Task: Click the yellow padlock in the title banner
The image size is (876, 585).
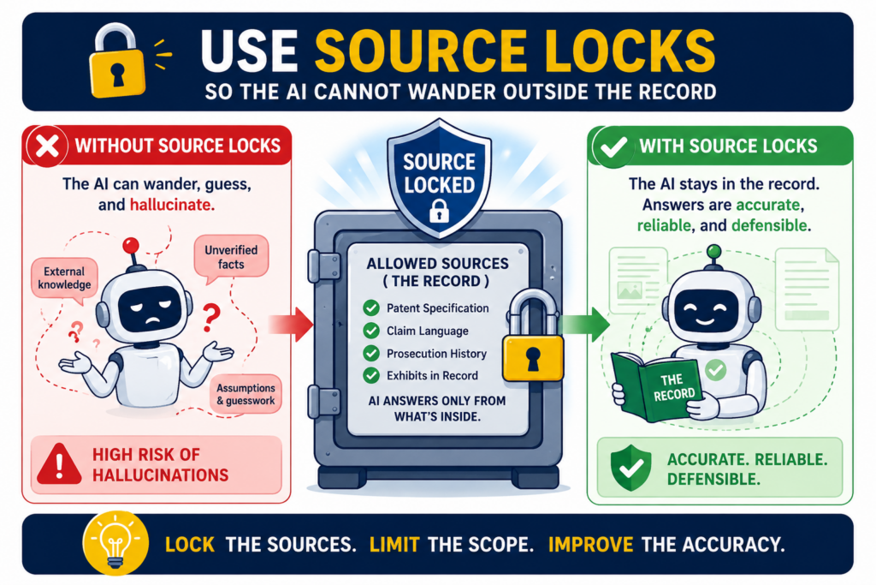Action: click(x=116, y=62)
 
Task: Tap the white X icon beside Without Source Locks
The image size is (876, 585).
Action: click(x=47, y=146)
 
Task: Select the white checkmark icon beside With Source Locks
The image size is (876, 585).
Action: click(x=613, y=147)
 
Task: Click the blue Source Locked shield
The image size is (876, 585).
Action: click(x=439, y=177)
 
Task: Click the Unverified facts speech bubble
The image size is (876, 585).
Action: click(x=231, y=258)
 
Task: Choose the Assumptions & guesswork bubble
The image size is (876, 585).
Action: click(x=246, y=394)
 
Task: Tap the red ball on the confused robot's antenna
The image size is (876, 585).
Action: click(x=131, y=246)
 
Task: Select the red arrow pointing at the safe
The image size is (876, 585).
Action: click(x=291, y=324)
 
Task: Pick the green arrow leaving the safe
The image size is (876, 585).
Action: click(x=584, y=324)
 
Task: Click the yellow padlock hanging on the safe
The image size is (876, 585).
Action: click(x=532, y=337)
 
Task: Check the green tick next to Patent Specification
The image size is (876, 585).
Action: click(x=371, y=308)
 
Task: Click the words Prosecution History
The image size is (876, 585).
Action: click(x=436, y=354)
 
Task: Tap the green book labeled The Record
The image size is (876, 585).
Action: click(x=658, y=386)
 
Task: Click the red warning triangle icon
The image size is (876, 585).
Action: click(x=59, y=464)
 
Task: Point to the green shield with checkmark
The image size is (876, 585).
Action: click(x=630, y=469)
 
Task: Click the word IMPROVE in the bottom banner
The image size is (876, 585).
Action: click(x=590, y=544)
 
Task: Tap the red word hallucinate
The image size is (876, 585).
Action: click(x=170, y=205)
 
